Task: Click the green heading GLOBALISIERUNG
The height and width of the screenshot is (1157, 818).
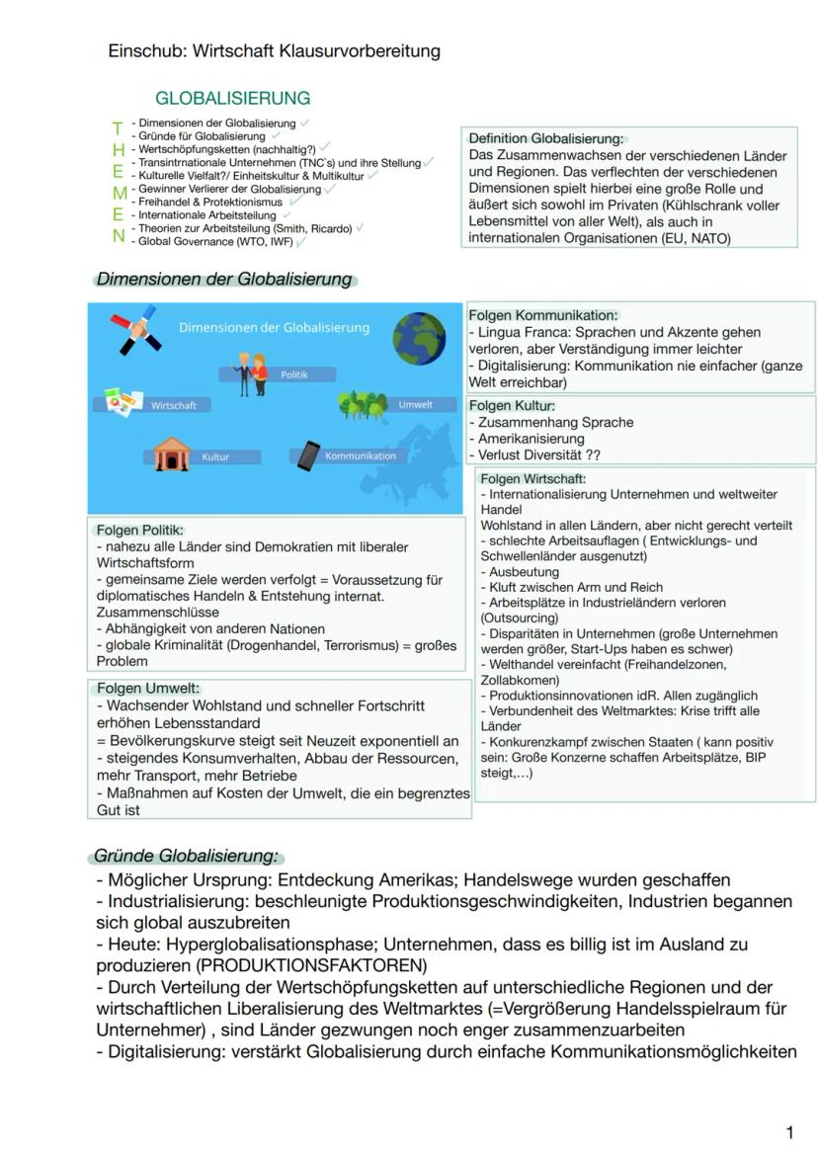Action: tap(232, 99)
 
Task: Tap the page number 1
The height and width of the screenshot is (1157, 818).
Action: tap(789, 1132)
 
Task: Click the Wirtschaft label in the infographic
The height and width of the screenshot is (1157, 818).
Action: tap(173, 405)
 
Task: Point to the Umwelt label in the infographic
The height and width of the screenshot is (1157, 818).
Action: tap(415, 404)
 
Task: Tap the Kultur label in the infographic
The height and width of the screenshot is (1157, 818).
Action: tap(215, 456)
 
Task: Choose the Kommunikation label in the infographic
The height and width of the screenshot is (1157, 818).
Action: tap(360, 455)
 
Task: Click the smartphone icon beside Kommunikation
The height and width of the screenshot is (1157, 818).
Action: tap(309, 455)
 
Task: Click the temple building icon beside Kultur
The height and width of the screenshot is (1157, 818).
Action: tap(170, 455)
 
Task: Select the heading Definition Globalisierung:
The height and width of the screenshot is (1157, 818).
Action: tap(545, 139)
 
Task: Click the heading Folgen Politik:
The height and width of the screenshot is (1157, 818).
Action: tap(140, 531)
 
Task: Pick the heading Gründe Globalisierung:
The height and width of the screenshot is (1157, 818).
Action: tap(186, 856)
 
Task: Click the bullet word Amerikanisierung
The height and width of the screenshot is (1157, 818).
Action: tap(531, 439)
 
